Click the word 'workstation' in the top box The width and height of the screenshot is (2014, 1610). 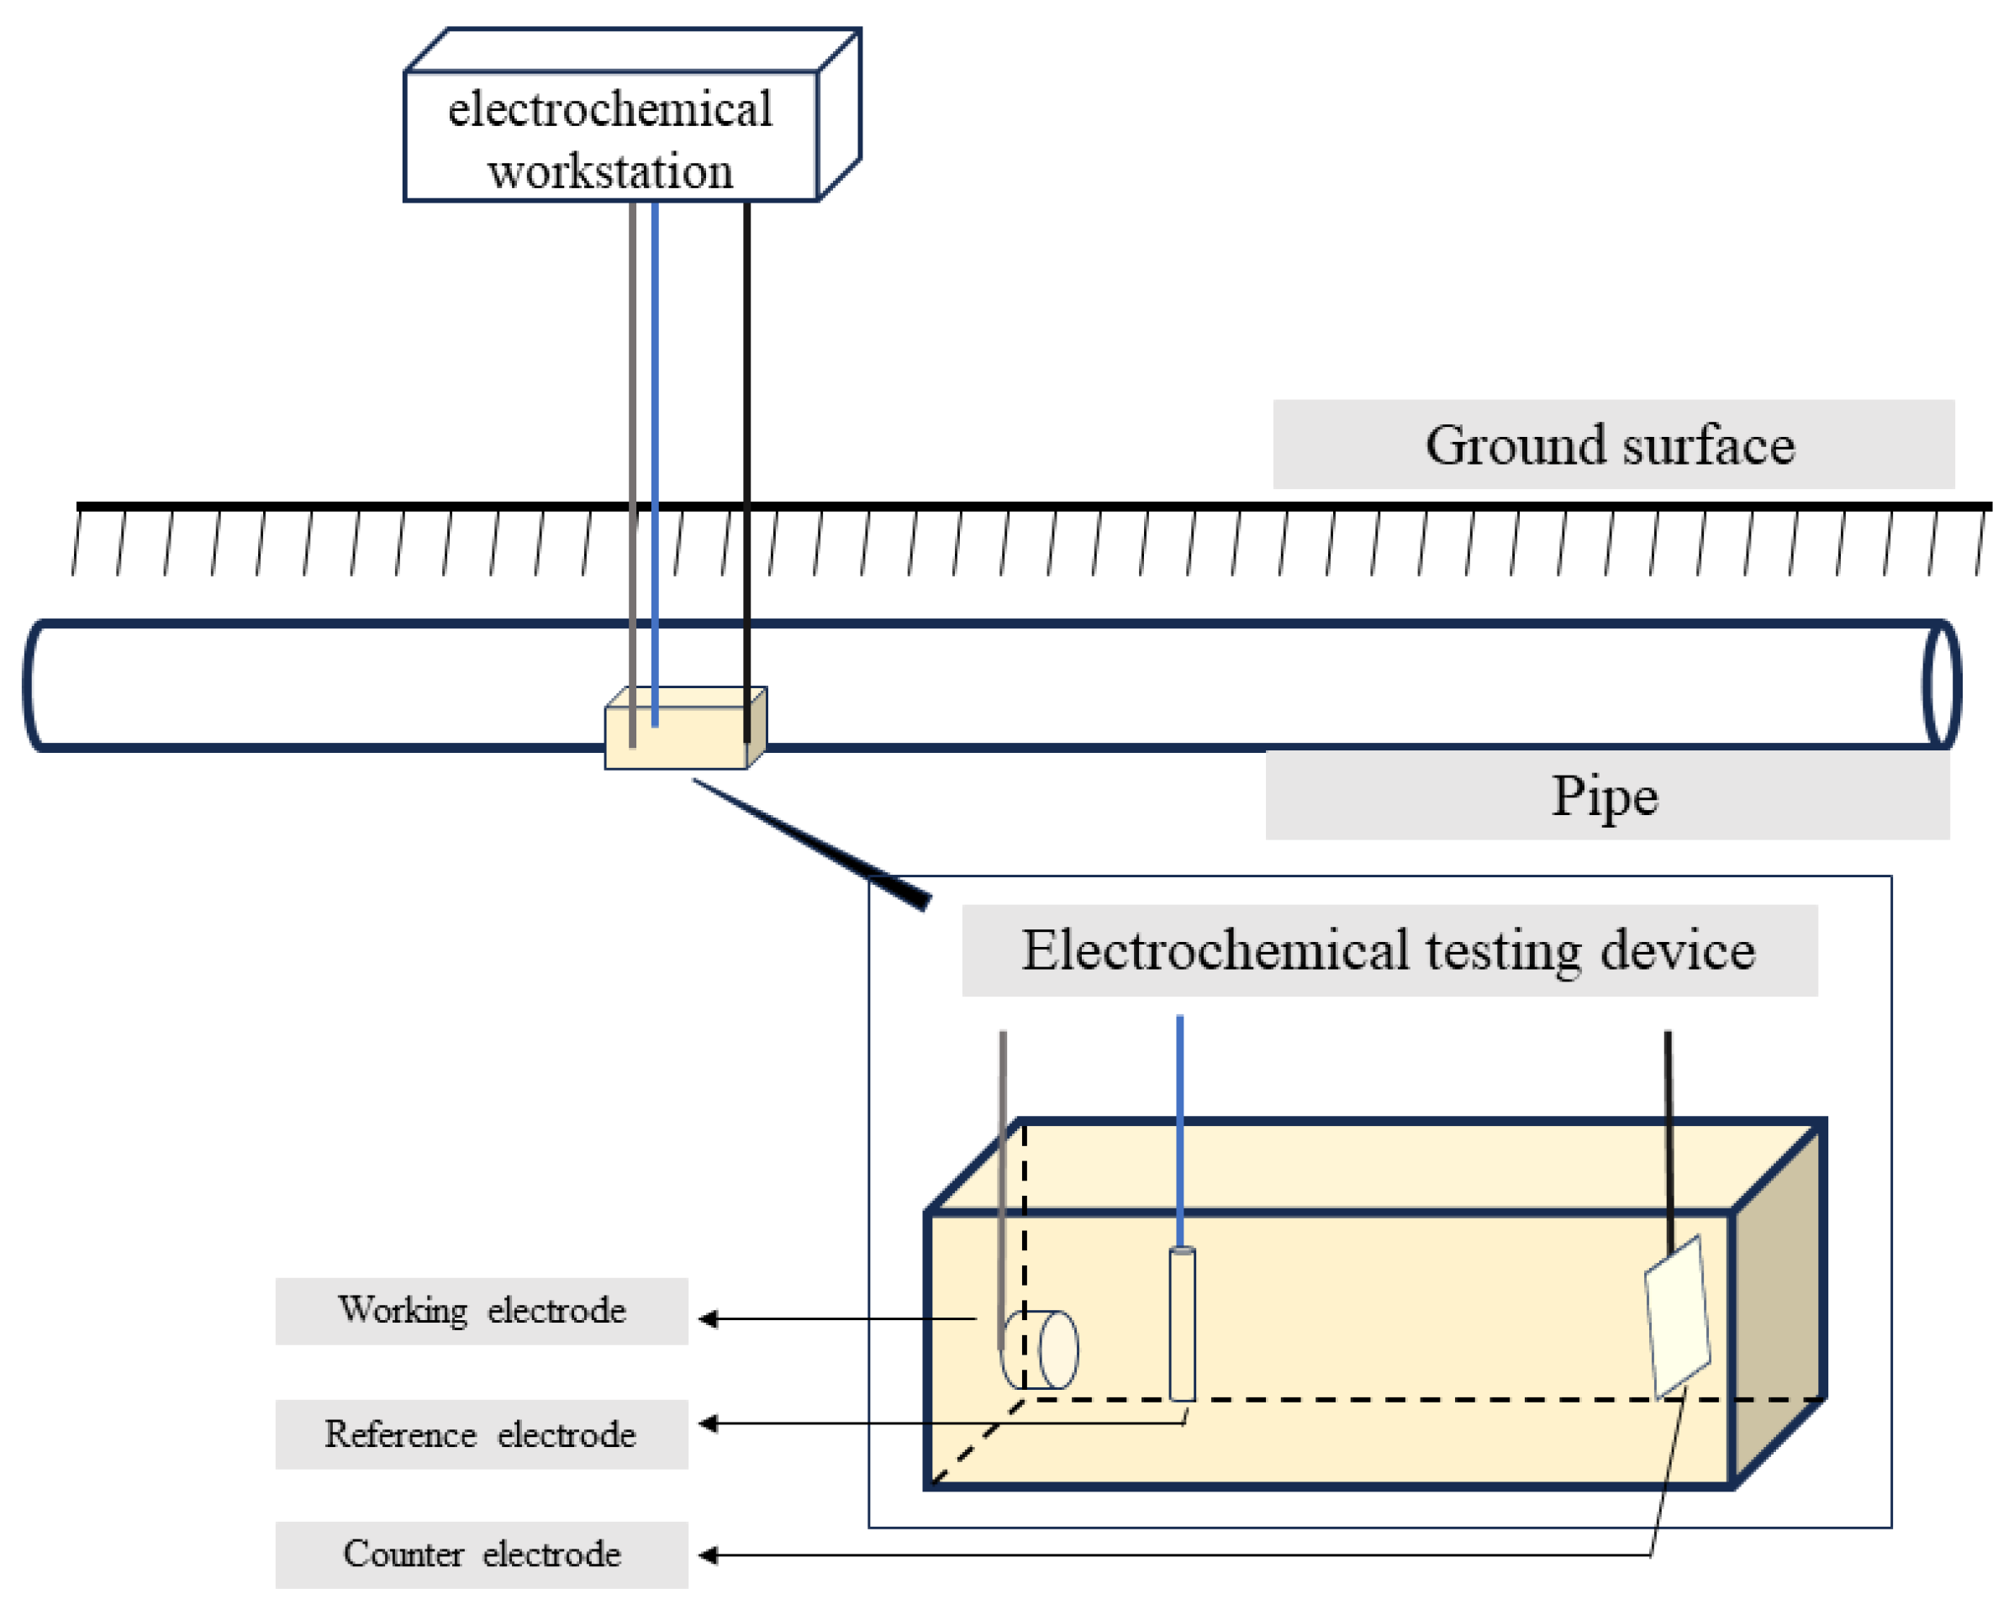coord(610,171)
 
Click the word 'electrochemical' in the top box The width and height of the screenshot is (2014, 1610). coord(610,109)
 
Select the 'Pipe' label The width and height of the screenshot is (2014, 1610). coord(1605,797)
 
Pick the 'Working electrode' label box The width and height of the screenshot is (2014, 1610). coord(481,1311)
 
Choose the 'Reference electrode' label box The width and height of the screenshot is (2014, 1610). coord(481,1434)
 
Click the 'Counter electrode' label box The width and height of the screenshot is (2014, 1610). coord(481,1555)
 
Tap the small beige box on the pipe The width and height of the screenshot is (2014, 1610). coord(678,738)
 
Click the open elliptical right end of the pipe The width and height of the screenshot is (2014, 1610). coord(1942,685)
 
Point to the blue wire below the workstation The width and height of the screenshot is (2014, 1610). coord(655,374)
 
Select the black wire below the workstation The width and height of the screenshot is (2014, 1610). coord(746,374)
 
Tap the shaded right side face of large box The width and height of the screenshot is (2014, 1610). coord(1778,1307)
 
